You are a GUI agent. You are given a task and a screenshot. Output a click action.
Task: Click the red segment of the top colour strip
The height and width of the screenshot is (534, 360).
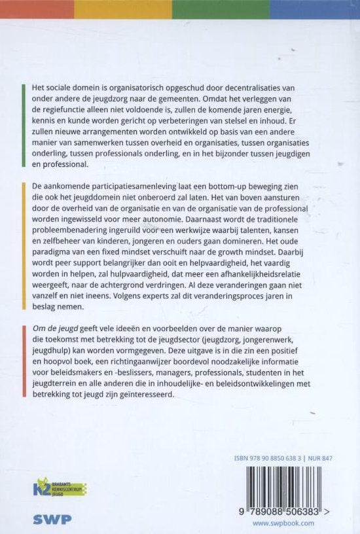click(37, 9)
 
